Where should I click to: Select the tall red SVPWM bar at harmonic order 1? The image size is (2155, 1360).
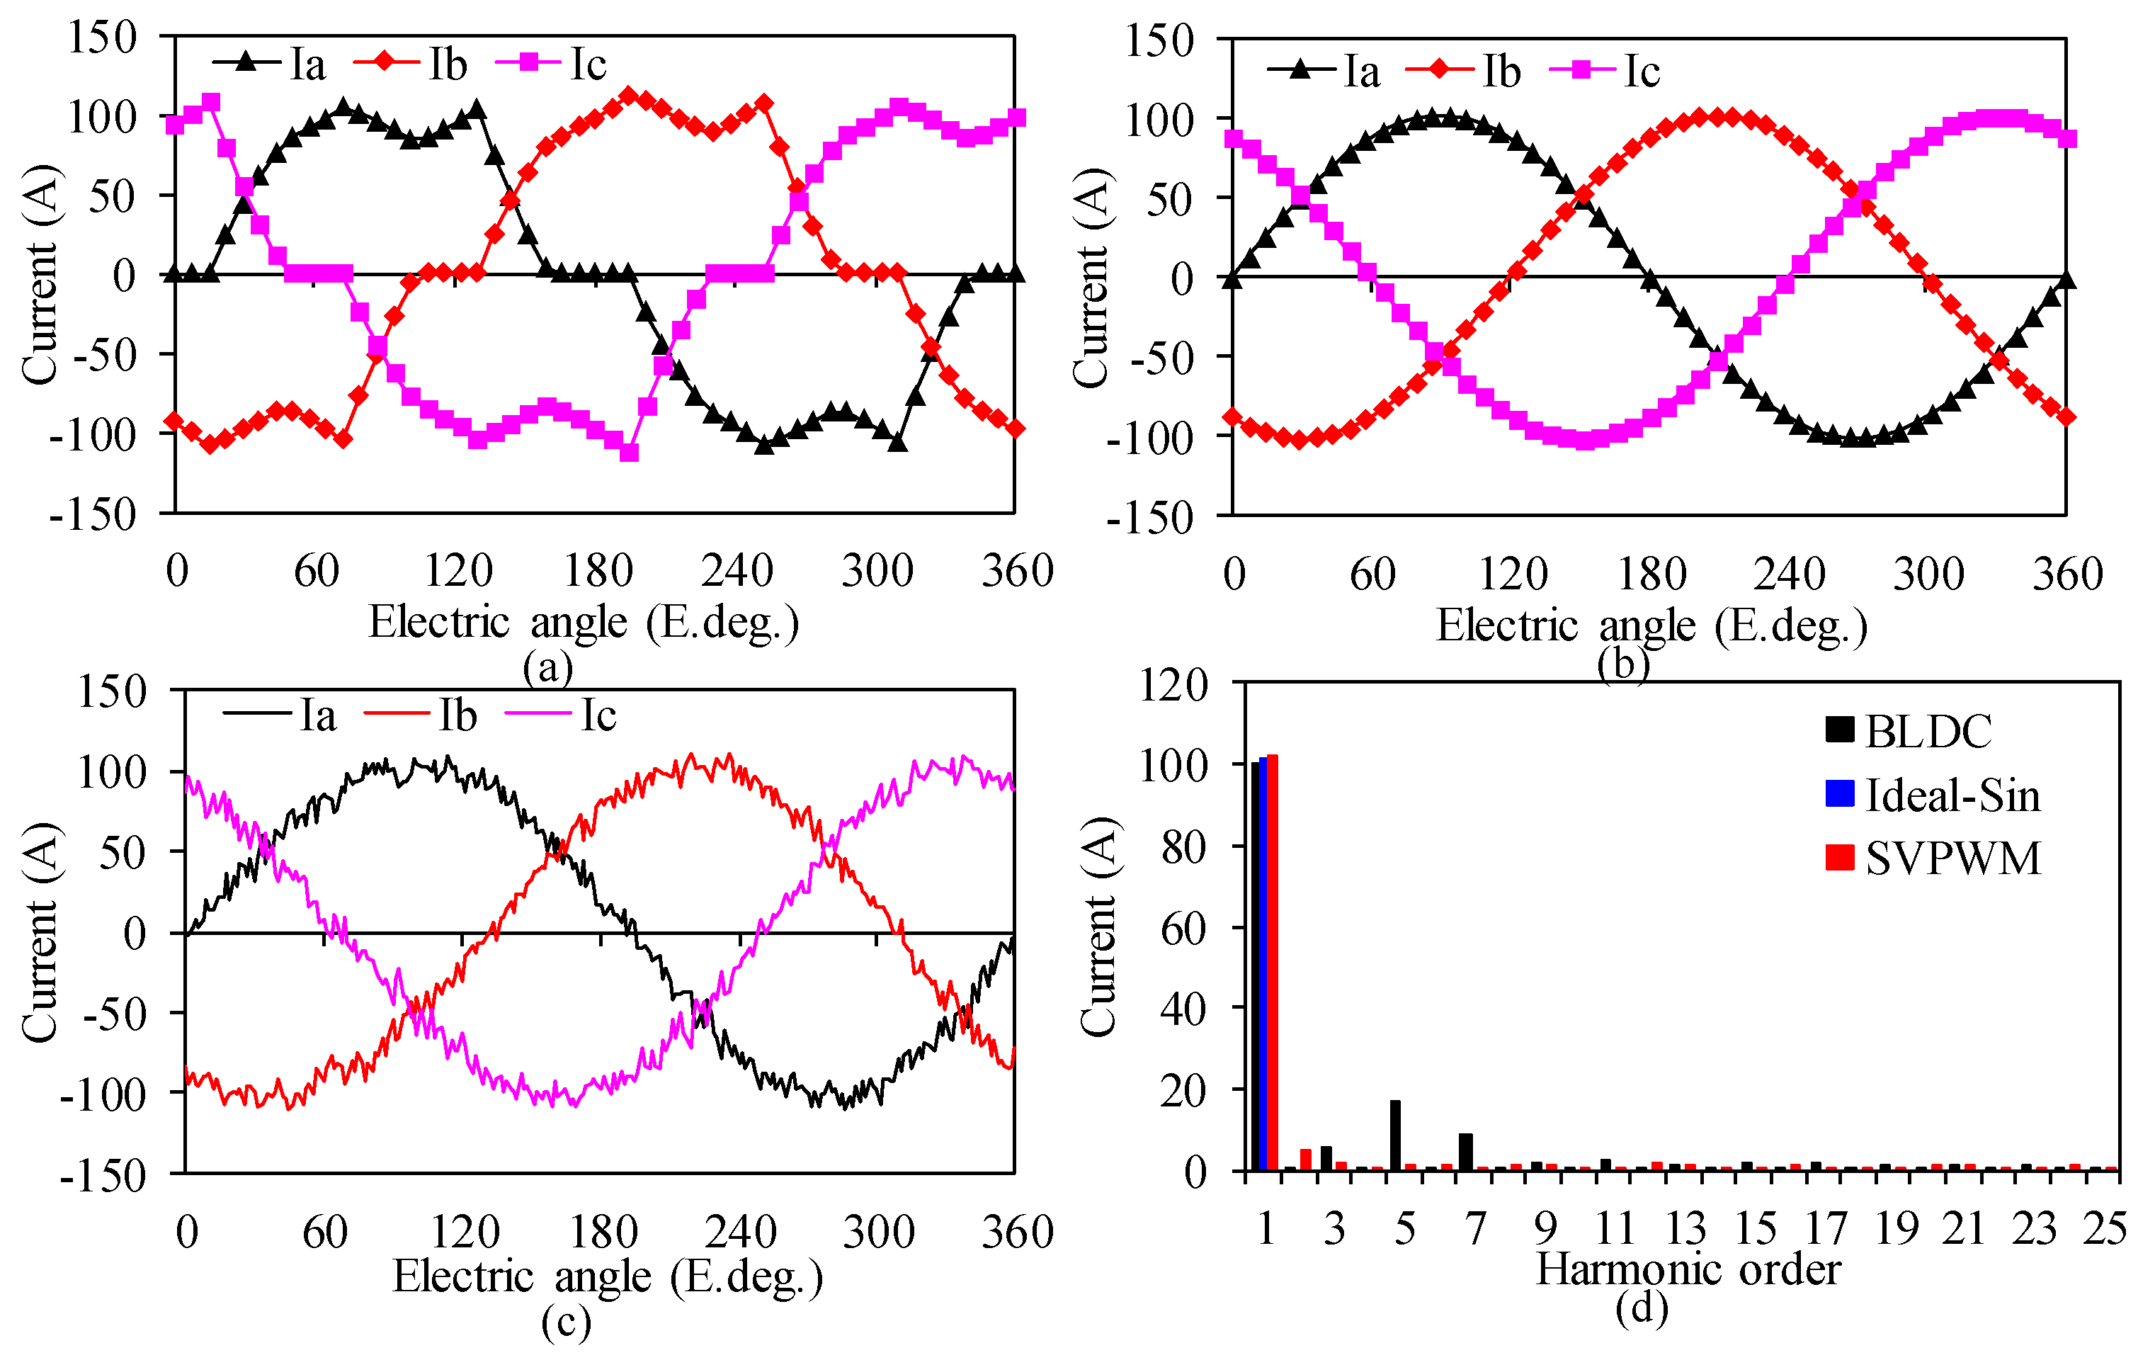click(1273, 963)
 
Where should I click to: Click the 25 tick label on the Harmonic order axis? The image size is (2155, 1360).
click(2104, 1228)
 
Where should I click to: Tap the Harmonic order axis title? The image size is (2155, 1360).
click(1688, 1269)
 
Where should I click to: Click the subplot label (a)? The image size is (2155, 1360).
click(547, 667)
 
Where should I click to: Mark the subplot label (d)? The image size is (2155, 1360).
click(1642, 1308)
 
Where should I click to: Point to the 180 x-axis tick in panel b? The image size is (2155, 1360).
click(1651, 574)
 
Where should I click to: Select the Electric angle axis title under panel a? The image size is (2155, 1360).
click(584, 622)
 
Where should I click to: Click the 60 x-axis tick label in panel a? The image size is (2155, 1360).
click(316, 571)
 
